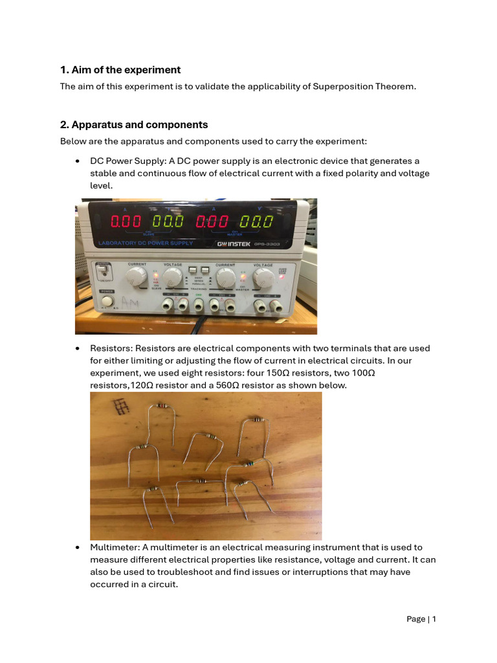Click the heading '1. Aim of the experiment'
(x=120, y=70)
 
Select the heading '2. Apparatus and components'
(x=134, y=124)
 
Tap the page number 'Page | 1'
(x=421, y=619)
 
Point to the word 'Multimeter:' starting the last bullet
(x=113, y=547)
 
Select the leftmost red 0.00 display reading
(x=126, y=221)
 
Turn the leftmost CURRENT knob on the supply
(x=136, y=278)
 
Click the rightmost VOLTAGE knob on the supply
(x=263, y=278)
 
